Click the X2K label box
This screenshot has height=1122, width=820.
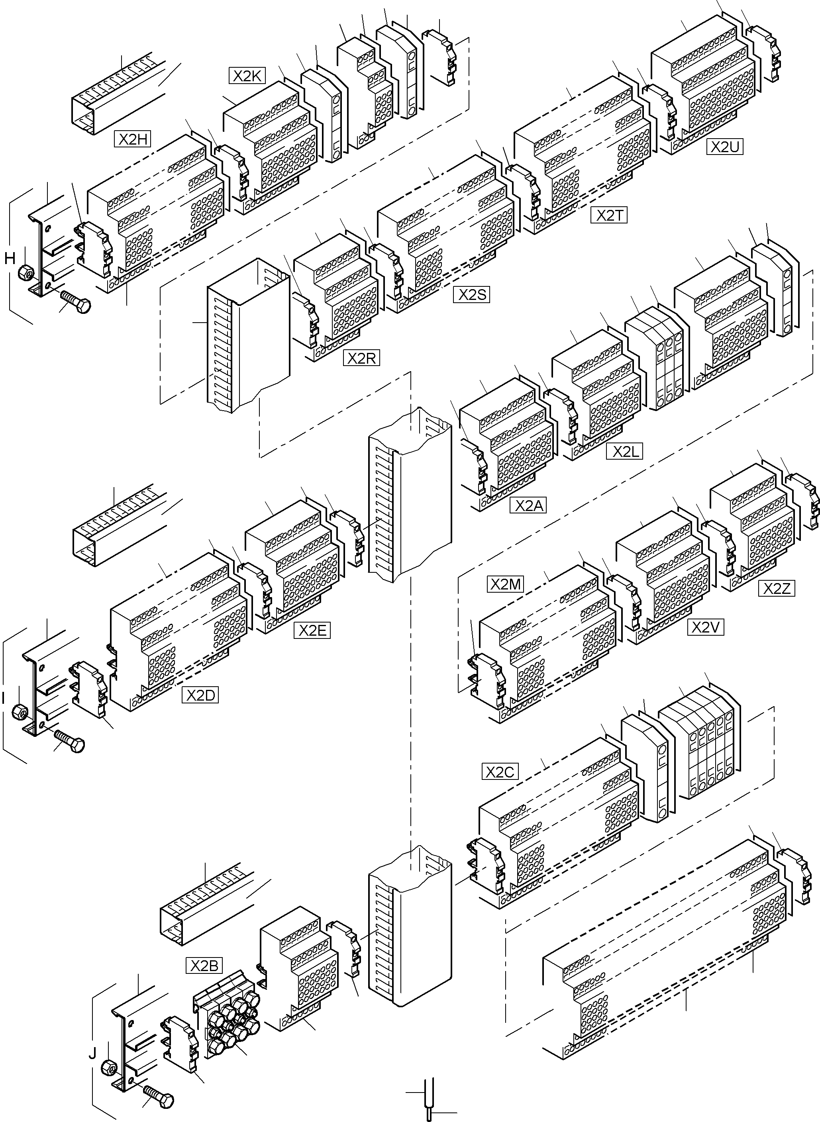click(x=247, y=76)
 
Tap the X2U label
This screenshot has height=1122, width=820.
click(x=725, y=147)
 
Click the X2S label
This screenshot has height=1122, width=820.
click(x=471, y=295)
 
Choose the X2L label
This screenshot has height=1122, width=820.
click(x=624, y=452)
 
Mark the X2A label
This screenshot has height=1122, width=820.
click(x=528, y=506)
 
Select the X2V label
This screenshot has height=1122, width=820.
click(x=705, y=627)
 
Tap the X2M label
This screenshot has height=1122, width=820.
click(x=505, y=585)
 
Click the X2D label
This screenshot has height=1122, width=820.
click(x=200, y=695)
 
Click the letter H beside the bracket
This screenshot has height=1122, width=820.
click(x=10, y=258)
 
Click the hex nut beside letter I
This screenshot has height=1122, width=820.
click(x=20, y=712)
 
